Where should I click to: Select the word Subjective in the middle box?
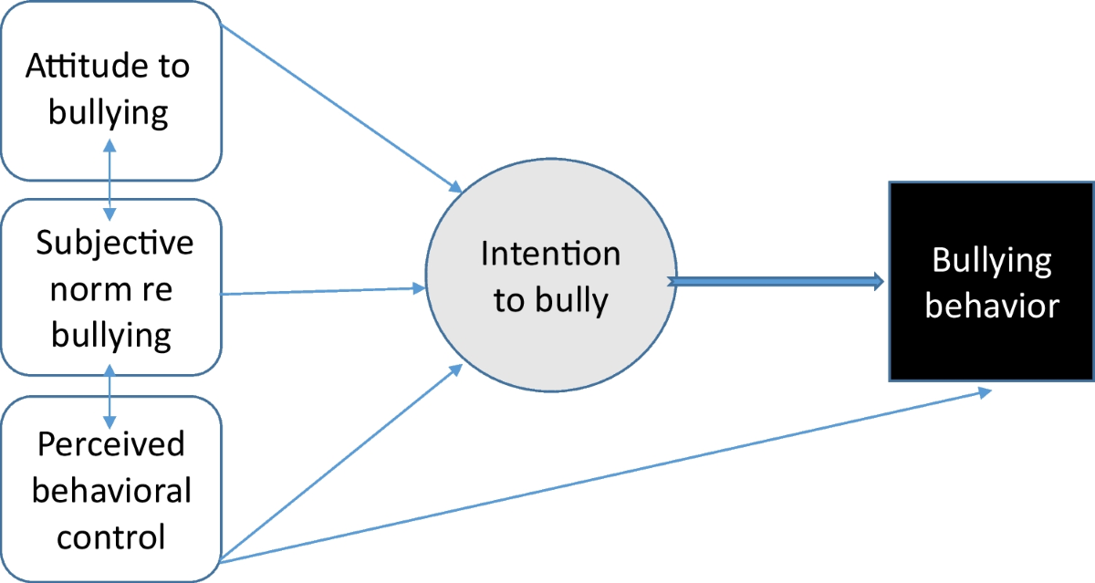point(115,244)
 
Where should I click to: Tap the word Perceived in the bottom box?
point(110,444)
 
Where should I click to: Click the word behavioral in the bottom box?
point(111,490)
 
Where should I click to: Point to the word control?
point(111,536)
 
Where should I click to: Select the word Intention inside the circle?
point(550,254)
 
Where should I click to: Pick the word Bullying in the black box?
point(991,261)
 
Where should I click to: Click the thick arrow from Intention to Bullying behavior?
point(776,282)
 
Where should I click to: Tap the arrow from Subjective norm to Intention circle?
point(324,291)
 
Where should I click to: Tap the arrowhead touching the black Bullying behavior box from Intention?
point(879,282)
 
